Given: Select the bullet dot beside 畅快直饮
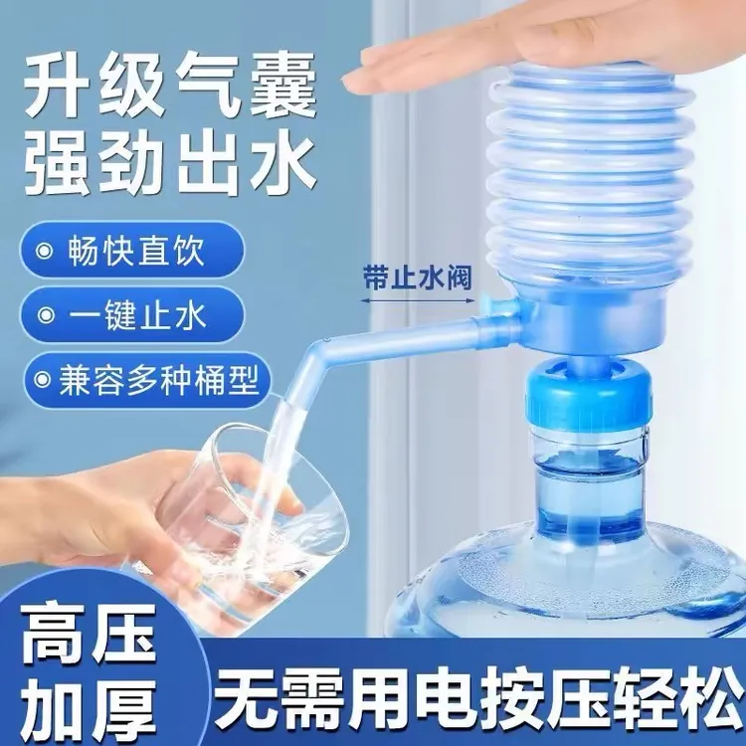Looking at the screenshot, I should click(x=46, y=250).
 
